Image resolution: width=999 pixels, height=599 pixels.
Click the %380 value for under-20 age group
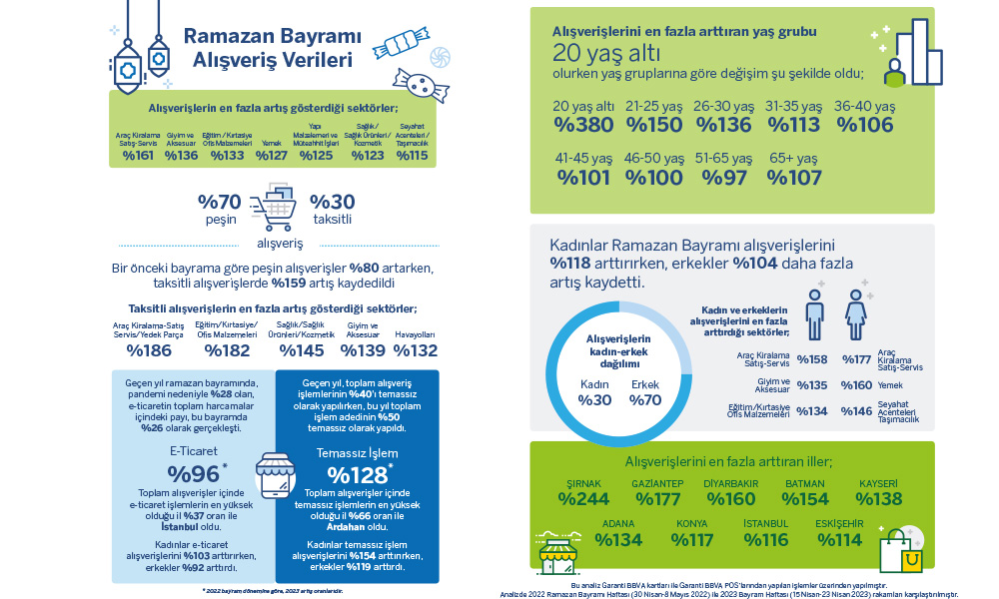(x=583, y=125)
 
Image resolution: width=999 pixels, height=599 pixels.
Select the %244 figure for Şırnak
(x=582, y=499)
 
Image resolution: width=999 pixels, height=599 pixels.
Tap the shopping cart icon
(x=279, y=205)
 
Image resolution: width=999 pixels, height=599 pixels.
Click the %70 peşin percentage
(x=220, y=201)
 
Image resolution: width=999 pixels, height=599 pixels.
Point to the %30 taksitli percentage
(x=332, y=201)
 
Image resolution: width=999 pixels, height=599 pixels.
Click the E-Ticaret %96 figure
(x=192, y=473)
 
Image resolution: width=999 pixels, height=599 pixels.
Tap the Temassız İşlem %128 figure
(x=358, y=473)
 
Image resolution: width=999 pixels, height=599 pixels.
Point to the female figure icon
(x=857, y=311)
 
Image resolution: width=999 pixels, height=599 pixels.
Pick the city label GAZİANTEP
(x=658, y=483)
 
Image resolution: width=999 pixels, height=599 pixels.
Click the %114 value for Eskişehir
(x=839, y=539)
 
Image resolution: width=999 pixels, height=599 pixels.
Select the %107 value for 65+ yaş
(x=794, y=177)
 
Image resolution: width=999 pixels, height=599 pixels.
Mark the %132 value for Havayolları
(x=415, y=349)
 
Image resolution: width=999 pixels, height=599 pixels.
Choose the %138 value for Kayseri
(x=879, y=499)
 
